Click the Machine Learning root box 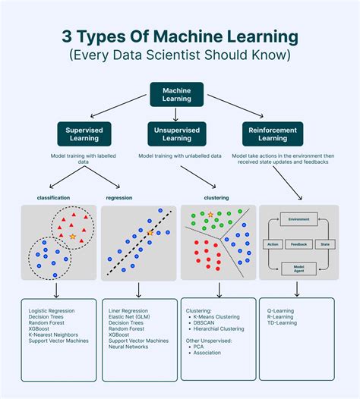(x=176, y=94)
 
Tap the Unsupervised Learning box (x=176, y=133)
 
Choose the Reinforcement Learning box (x=273, y=133)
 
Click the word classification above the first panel (x=53, y=197)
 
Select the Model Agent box (x=298, y=268)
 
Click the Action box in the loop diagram (x=273, y=243)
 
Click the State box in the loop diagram (x=324, y=243)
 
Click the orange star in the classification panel (x=72, y=237)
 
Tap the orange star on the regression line (x=150, y=232)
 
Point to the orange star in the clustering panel (x=210, y=215)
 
